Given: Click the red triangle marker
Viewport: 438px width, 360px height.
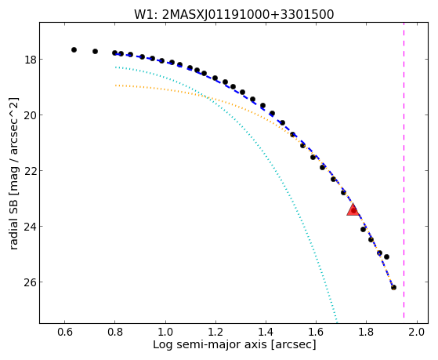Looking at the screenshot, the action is point(353,209).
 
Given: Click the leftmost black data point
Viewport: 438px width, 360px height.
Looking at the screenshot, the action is point(74,49).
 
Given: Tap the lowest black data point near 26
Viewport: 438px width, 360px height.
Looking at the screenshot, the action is point(393,287).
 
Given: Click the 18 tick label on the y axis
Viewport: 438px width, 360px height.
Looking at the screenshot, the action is point(31,60).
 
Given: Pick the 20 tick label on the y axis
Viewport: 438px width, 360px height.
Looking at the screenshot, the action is point(31,115).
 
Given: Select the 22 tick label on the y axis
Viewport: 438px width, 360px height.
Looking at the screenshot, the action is point(31,171).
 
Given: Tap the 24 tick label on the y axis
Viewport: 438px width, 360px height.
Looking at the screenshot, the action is point(31,227).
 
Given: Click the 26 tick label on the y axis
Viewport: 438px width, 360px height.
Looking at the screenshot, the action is point(31,282).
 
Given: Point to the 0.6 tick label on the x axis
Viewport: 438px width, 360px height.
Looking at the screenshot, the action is point(65,332).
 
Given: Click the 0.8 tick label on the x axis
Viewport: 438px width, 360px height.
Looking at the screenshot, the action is point(115,332).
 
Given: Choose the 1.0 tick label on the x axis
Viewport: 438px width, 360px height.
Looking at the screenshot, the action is point(165,332).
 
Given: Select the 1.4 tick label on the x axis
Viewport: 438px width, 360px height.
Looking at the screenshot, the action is point(266,332).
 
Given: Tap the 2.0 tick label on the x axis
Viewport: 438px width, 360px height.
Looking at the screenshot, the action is point(417,332).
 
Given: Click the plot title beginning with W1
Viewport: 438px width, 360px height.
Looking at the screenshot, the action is point(233,15).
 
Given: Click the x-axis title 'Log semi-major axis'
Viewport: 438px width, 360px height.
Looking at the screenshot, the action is point(234,345).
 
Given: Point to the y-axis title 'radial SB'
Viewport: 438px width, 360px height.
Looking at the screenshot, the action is point(14,173).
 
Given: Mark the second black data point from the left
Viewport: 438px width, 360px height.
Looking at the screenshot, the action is point(95,51).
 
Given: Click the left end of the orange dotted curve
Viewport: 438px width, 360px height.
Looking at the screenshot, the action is point(115,85).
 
